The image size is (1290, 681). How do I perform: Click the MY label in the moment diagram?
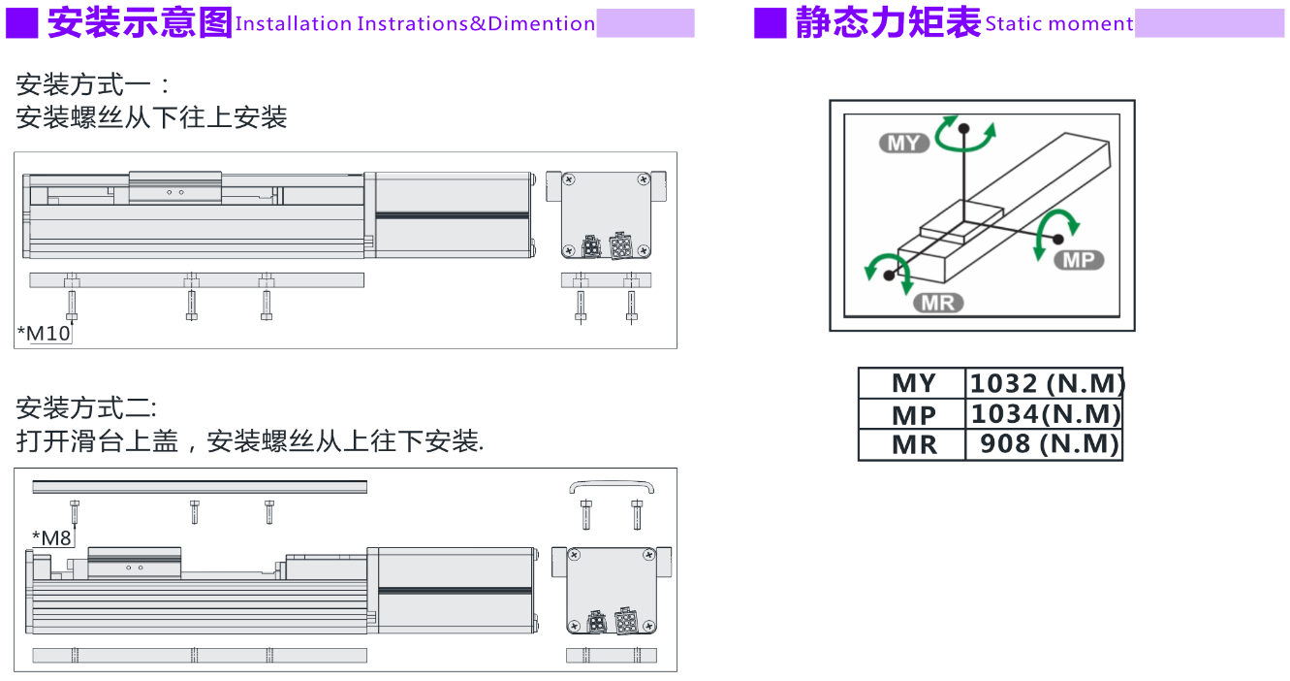click(x=903, y=144)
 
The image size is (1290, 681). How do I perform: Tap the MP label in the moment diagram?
click(x=1078, y=260)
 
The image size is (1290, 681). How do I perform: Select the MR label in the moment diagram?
click(x=938, y=303)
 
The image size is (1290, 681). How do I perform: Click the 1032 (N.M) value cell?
click(x=1045, y=383)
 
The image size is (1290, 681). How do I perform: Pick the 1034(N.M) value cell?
click(x=1045, y=414)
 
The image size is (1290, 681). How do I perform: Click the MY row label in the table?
click(x=913, y=384)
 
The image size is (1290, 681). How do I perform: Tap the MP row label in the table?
click(x=913, y=415)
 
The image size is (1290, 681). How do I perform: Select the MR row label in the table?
click(x=913, y=445)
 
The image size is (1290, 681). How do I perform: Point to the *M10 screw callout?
click(x=45, y=334)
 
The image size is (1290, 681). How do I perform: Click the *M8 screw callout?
click(x=52, y=537)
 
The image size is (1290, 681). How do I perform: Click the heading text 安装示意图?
click(x=140, y=22)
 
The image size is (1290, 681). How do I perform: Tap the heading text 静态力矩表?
click(x=887, y=22)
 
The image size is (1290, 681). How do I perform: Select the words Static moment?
click(x=1058, y=24)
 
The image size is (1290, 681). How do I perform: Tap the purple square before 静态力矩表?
click(x=771, y=22)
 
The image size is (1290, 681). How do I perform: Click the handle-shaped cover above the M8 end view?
click(x=612, y=483)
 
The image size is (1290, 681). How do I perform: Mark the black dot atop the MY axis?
click(x=963, y=127)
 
